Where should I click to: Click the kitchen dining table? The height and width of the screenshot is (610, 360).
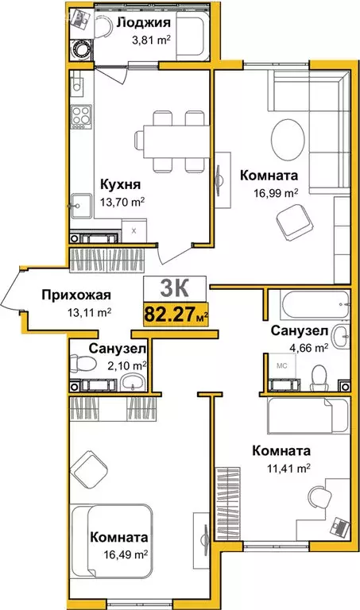(172, 140)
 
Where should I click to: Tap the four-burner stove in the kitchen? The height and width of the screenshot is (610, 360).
(79, 118)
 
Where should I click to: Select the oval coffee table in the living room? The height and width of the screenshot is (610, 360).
(289, 140)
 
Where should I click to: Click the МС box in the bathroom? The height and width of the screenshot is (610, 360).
(280, 366)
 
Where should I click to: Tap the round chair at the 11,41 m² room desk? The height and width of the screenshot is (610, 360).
(319, 499)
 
